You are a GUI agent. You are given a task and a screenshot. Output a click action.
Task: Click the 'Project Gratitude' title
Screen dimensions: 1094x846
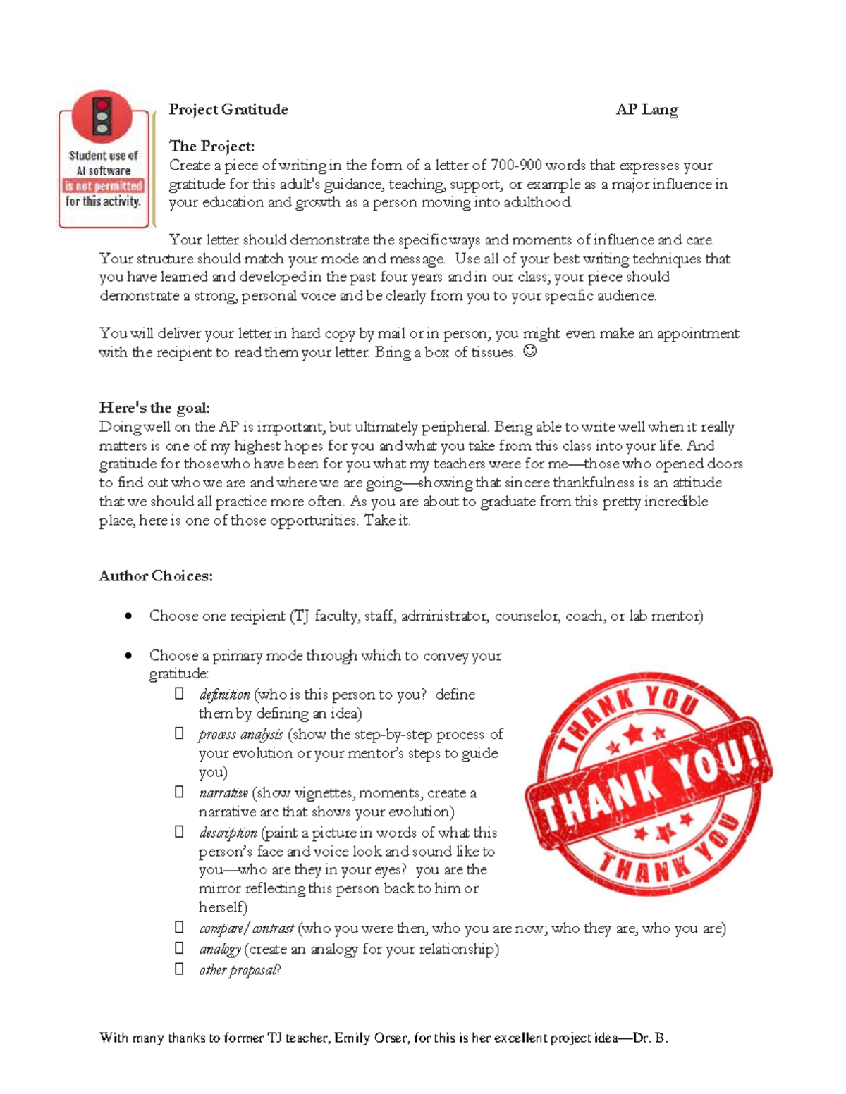[228, 109]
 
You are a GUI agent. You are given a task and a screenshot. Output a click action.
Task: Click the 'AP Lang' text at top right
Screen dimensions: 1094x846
[646, 109]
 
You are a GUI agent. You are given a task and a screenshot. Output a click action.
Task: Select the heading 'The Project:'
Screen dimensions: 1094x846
[211, 147]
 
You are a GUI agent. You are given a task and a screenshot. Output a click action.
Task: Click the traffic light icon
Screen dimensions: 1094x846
[102, 116]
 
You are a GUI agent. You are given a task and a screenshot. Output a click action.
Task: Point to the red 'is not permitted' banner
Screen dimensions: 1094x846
[104, 186]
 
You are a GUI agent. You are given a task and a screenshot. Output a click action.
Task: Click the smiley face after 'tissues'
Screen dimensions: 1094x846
[530, 351]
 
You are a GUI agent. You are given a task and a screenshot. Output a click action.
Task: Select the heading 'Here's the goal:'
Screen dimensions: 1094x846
[154, 408]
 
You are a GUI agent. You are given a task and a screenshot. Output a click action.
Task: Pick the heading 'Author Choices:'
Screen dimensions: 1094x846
[155, 576]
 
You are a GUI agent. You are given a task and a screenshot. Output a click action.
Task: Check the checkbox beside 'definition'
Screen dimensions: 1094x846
[180, 694]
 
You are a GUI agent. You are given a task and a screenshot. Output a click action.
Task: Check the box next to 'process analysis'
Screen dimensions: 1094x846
[180, 733]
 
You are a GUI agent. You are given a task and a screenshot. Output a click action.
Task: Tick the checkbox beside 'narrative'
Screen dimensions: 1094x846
[180, 792]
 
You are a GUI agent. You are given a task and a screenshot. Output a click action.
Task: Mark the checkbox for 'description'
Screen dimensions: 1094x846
[180, 832]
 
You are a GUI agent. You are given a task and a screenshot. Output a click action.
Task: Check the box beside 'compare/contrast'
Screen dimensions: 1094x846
[180, 927]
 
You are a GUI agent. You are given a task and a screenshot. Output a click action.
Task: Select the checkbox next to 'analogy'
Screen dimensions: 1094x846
[180, 948]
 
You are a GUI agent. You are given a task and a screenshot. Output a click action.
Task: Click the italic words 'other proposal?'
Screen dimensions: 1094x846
[240, 970]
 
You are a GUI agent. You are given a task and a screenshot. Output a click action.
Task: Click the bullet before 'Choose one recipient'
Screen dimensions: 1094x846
[128, 616]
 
